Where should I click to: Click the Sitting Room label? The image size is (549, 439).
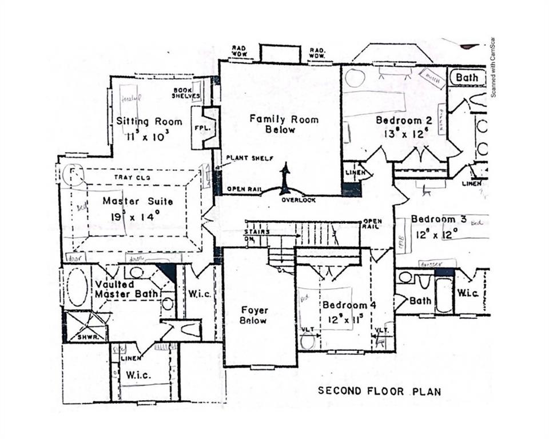[x=149, y=121]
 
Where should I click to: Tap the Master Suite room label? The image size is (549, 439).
[x=138, y=201]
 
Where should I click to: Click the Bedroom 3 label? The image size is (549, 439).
[x=434, y=219]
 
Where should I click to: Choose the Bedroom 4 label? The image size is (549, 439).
[x=348, y=305]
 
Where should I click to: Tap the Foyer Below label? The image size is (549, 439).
[x=253, y=316]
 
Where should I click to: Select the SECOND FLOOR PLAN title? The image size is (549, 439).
[x=379, y=391]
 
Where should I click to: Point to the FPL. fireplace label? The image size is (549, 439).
[x=204, y=128]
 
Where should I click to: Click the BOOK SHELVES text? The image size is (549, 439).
[x=186, y=93]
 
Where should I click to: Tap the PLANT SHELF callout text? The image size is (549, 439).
[x=249, y=158]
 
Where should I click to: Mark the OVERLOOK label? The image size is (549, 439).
[x=298, y=199]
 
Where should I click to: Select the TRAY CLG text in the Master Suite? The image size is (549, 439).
[x=132, y=178]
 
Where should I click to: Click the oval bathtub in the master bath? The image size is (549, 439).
[x=77, y=287]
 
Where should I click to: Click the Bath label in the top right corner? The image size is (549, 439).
[x=467, y=77]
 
